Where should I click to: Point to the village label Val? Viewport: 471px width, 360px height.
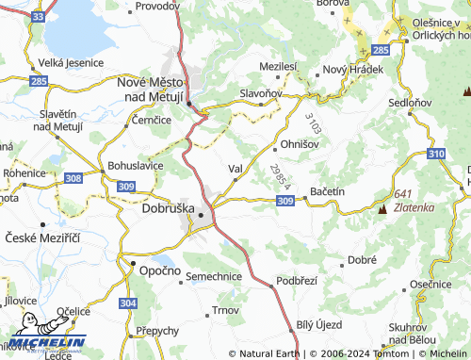tap(235, 170)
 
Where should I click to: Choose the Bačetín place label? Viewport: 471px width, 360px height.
tap(327, 191)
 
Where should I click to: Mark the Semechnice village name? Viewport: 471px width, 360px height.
tap(213, 276)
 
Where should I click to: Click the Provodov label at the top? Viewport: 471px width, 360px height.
tap(157, 6)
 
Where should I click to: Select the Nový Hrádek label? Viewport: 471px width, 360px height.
tap(353, 71)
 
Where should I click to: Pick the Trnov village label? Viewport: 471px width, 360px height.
tap(226, 310)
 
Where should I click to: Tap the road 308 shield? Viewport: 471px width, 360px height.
tap(73, 177)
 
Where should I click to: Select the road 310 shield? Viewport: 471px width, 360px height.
tap(435, 153)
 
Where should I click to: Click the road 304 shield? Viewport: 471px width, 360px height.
tap(128, 303)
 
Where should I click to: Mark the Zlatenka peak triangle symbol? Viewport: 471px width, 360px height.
tap(382, 207)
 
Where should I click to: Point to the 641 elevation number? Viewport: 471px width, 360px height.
tap(405, 193)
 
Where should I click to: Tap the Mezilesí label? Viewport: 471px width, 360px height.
tap(278, 67)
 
